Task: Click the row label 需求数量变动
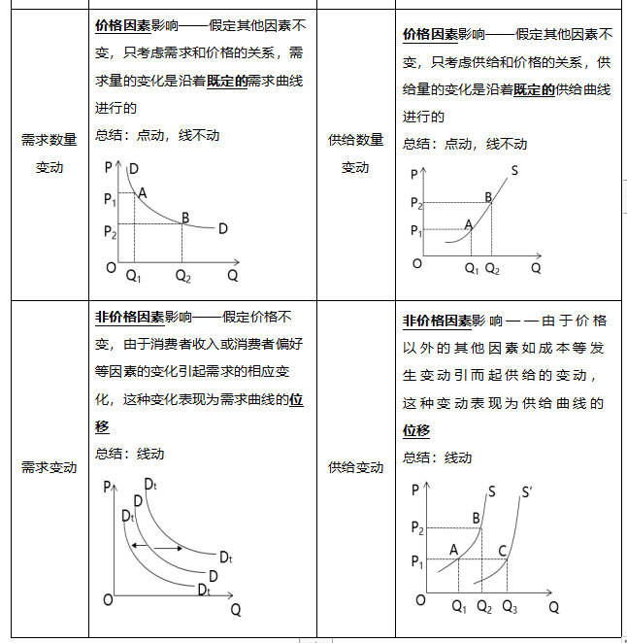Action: tap(49, 153)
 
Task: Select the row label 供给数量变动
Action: tap(355, 153)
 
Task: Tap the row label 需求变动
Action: tap(49, 467)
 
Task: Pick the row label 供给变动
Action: tap(355, 467)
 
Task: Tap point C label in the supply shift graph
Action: tap(503, 551)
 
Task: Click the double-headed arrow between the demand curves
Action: tap(157, 548)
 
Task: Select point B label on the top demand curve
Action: tap(184, 217)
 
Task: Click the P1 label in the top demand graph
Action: tap(110, 200)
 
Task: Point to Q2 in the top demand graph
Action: tap(182, 275)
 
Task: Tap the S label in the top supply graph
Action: tap(513, 171)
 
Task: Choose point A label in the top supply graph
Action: tap(468, 224)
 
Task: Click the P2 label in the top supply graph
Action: tap(416, 203)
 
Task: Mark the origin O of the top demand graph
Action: tap(111, 267)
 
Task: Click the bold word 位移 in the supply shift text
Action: tap(416, 430)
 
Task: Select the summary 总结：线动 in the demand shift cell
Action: tap(130, 453)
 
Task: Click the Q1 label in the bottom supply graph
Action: tap(459, 608)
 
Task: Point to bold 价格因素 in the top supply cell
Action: tap(430, 35)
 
